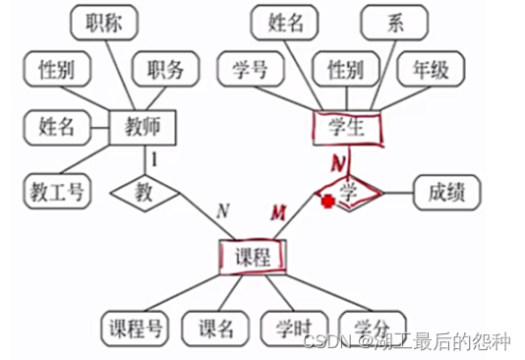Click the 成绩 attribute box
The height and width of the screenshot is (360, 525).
point(448,191)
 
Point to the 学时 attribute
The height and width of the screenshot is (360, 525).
point(292,328)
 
